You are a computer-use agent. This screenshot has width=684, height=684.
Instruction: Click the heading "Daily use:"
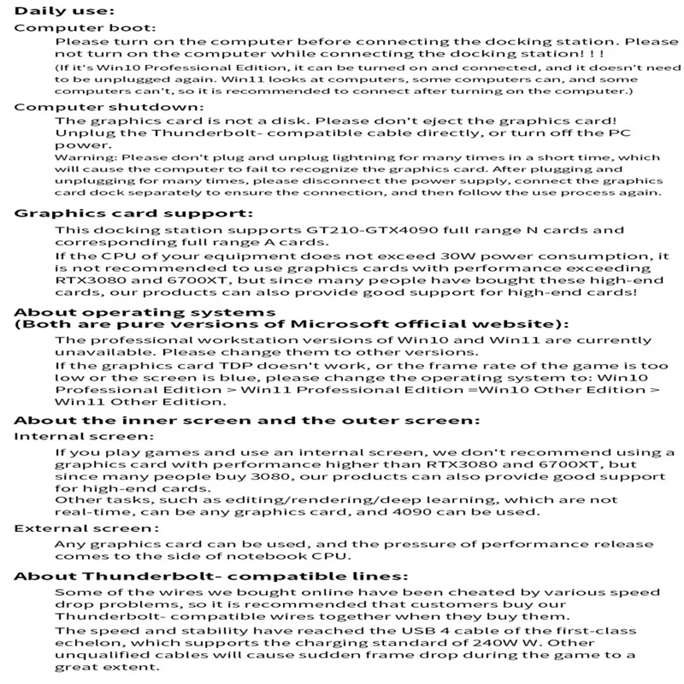click(63, 11)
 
